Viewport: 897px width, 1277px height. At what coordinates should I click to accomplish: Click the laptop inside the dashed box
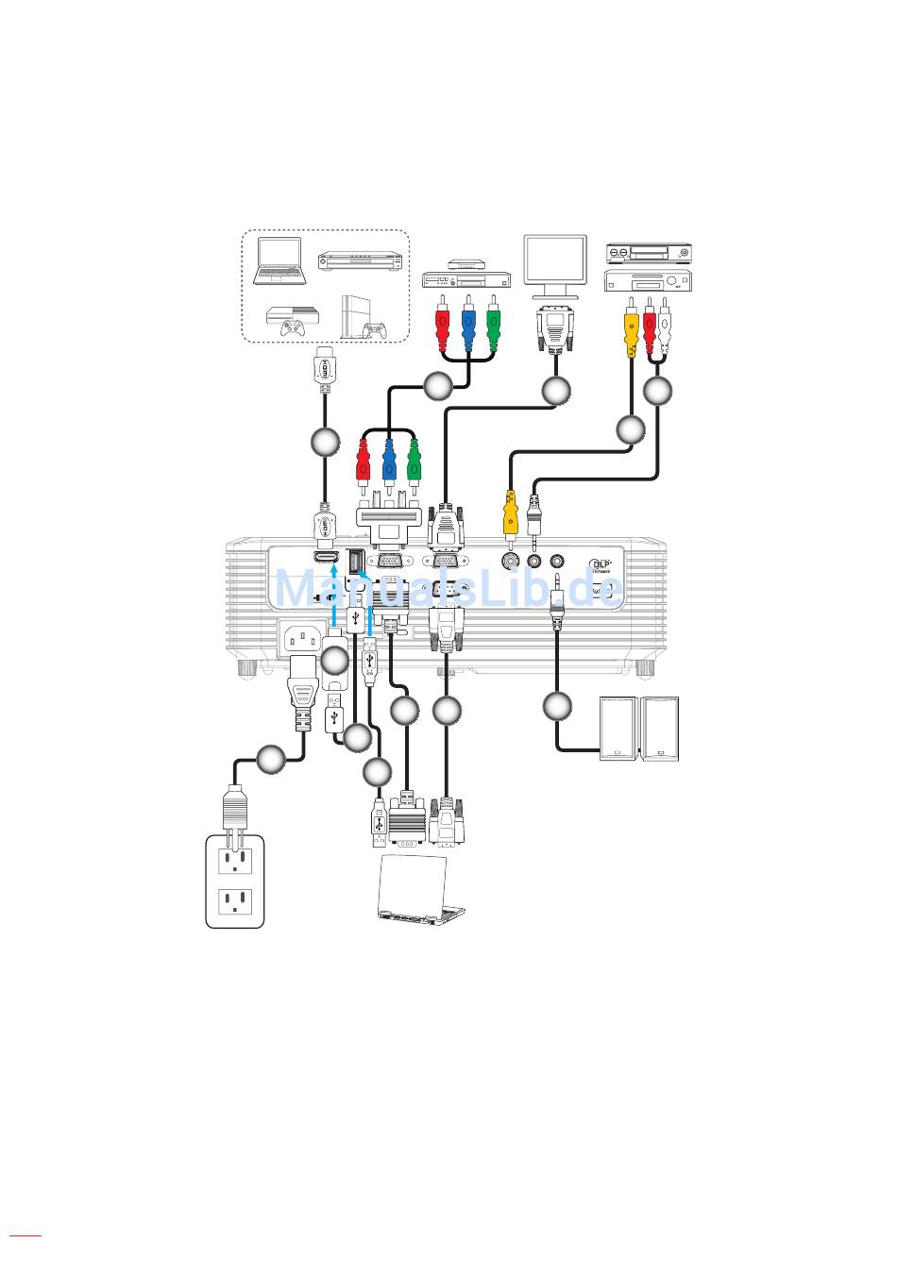click(x=281, y=260)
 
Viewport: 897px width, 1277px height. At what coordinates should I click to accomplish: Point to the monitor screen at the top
click(x=554, y=266)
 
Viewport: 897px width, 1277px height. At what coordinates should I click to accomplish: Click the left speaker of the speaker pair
click(x=618, y=728)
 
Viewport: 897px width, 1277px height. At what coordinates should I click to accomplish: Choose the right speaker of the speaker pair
click(x=661, y=728)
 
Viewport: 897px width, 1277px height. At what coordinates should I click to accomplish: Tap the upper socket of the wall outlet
click(x=236, y=859)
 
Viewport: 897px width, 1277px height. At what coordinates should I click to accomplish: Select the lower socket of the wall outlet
click(x=236, y=903)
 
